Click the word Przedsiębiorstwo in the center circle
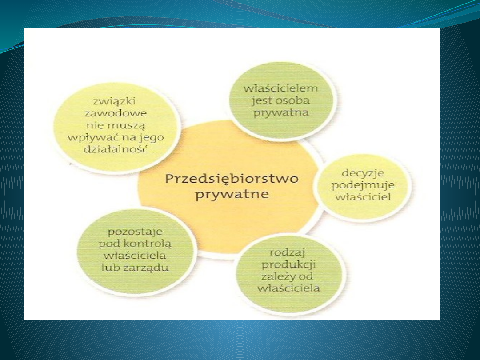(x=232, y=179)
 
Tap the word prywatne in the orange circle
(x=232, y=195)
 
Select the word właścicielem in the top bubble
(x=280, y=88)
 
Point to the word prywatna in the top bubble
(x=280, y=112)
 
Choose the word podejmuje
(x=363, y=184)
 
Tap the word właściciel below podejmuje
(x=363, y=196)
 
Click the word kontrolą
(x=149, y=244)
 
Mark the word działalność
(x=115, y=149)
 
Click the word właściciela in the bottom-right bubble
(x=291, y=288)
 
